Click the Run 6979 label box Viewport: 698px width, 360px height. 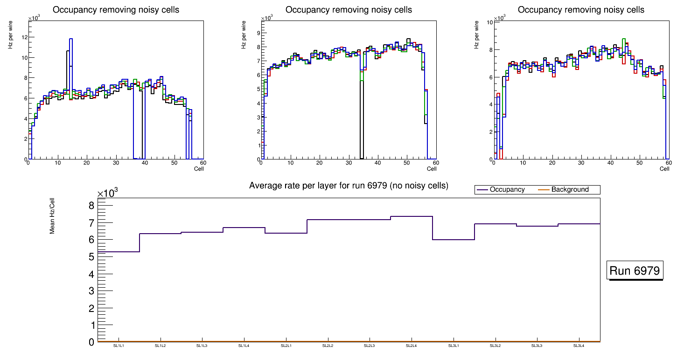coord(635,271)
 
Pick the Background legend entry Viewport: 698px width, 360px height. coord(570,190)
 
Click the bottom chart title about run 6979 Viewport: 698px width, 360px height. coord(349,186)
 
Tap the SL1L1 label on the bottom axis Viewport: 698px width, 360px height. coord(119,346)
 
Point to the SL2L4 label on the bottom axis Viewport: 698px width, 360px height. coord(411,346)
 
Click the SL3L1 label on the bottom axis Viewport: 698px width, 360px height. coord(454,346)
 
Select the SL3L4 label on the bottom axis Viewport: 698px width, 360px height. coord(579,346)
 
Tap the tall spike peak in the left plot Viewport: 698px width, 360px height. coord(71,39)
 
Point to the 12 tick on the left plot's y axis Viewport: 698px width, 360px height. coord(24,37)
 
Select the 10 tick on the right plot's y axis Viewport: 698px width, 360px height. coord(489,22)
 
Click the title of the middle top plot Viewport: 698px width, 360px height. coord(349,10)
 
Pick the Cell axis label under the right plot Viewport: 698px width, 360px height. coord(664,169)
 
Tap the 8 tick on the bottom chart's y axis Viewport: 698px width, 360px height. coord(91,206)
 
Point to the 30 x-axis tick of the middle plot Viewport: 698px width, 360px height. coord(349,163)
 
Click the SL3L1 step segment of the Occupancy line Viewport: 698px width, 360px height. coord(454,240)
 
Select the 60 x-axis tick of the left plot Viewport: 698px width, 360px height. coord(202,163)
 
